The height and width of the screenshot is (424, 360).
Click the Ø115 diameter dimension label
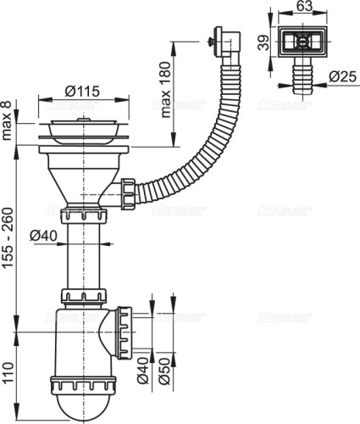pyautogui.click(x=82, y=91)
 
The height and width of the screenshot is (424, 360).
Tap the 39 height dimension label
pyautogui.click(x=263, y=42)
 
